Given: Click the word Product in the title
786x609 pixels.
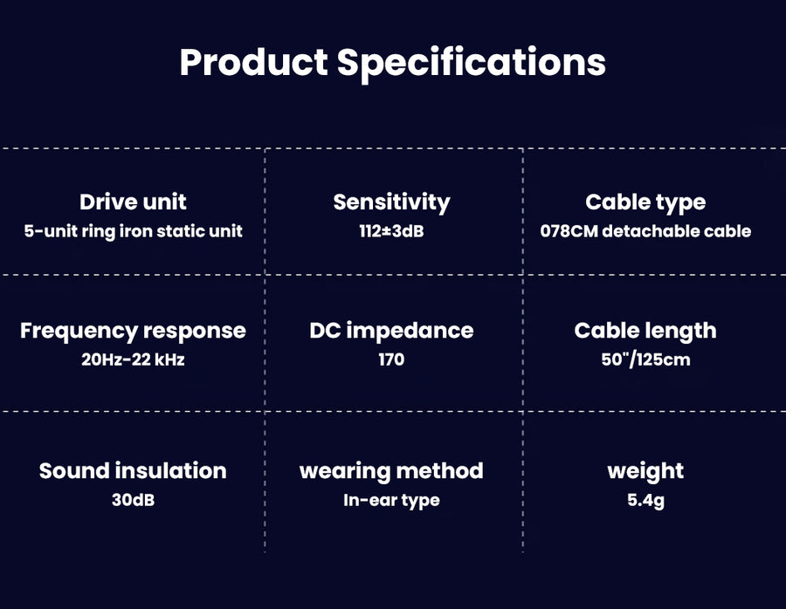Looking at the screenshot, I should [253, 63].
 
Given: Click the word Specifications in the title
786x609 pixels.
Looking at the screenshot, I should [472, 63].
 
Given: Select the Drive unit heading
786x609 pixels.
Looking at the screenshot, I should [133, 202].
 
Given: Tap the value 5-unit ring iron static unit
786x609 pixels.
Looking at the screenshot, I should [133, 231].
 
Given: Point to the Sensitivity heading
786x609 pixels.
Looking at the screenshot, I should [391, 202].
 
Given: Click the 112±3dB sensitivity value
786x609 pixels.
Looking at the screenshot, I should [391, 231].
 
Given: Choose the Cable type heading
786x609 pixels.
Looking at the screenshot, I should [645, 202].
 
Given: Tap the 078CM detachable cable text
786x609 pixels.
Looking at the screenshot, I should [645, 231].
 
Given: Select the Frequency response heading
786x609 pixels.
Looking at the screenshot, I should [133, 332].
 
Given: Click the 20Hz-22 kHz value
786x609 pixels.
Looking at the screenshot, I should [133, 359].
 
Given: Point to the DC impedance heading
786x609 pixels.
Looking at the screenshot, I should [391, 332].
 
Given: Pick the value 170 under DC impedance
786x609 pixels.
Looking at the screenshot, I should [391, 359].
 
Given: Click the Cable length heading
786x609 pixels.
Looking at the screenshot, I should [645, 332].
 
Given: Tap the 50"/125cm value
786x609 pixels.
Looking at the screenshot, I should [645, 359].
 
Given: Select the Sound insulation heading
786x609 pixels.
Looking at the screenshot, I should [133, 471].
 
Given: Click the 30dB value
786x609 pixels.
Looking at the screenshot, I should [133, 500].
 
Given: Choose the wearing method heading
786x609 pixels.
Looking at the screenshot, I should [391, 471].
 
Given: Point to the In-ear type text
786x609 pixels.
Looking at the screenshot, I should [391, 500].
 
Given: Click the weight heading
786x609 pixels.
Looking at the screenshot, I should [645, 471].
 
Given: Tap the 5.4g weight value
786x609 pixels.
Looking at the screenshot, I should [645, 500].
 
